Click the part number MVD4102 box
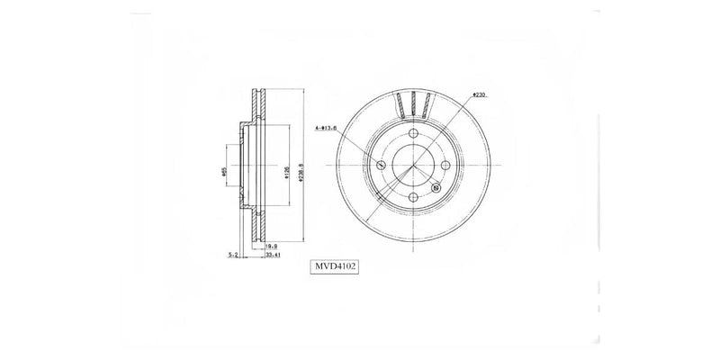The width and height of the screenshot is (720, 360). [335, 266]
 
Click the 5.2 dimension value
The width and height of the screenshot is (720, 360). [233, 255]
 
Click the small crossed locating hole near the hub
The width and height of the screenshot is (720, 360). [436, 187]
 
